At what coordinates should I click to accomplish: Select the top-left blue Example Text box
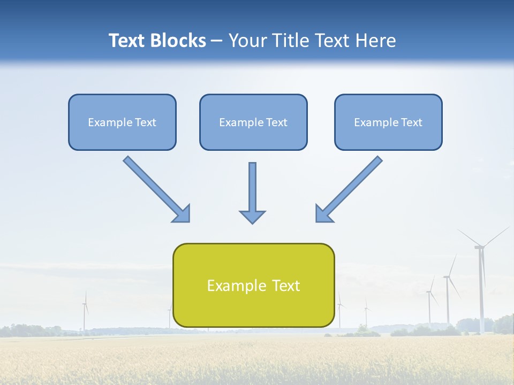(x=122, y=122)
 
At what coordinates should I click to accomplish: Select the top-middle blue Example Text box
(x=253, y=122)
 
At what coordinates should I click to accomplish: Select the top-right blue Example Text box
(x=388, y=122)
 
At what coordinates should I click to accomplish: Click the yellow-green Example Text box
(x=253, y=285)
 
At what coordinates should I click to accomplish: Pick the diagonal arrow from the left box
(x=155, y=188)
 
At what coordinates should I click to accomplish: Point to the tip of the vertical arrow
(x=252, y=222)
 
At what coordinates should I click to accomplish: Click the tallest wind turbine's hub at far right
(x=479, y=247)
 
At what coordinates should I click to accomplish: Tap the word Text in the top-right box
(x=412, y=122)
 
